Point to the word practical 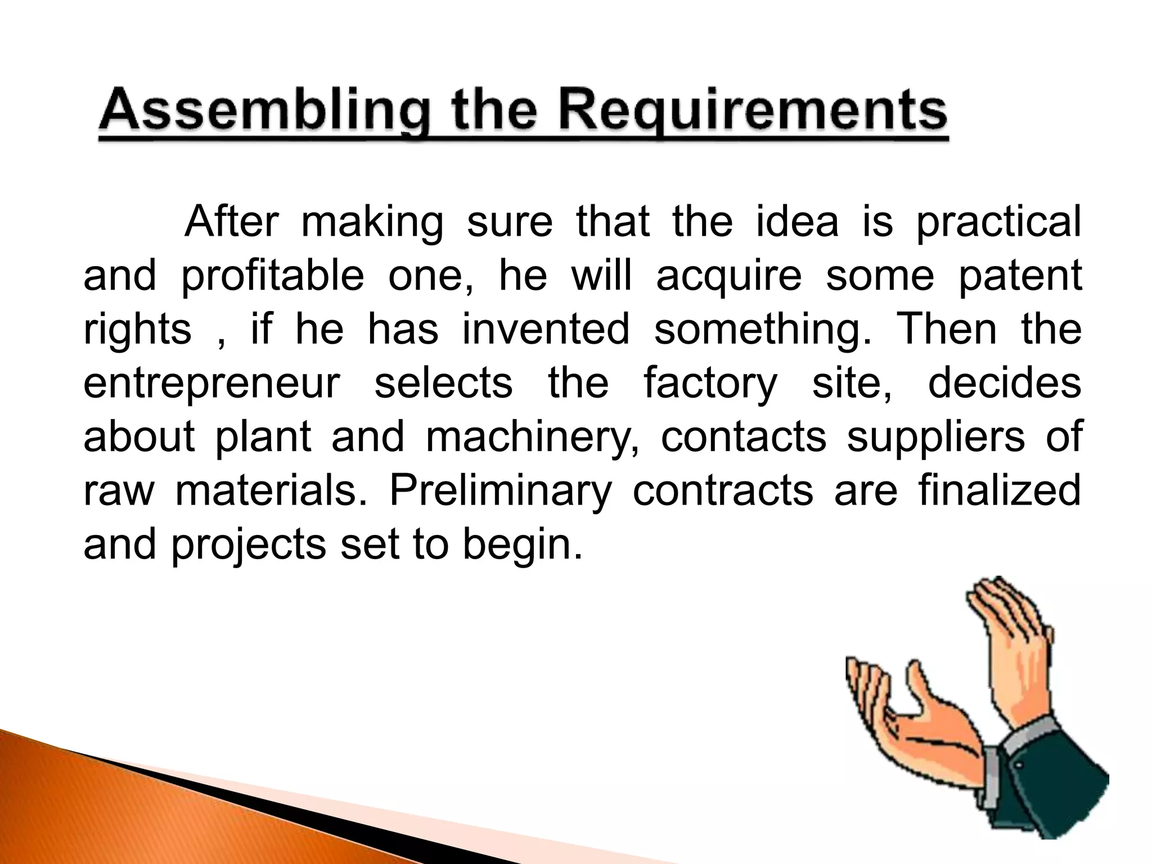pos(998,223)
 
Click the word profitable pos(272,276)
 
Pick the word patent pos(1019,276)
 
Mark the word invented pos(546,329)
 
